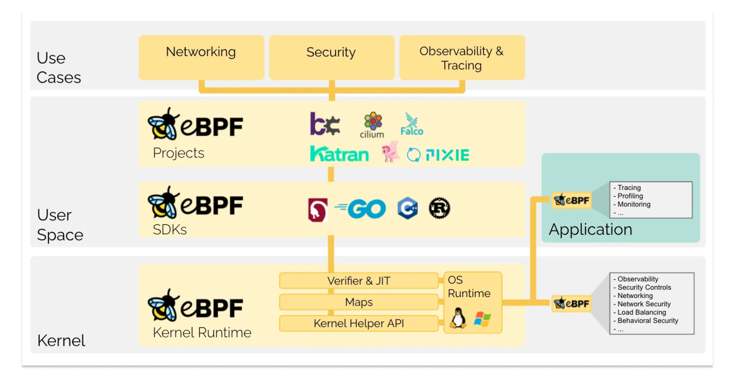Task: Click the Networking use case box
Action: point(201,57)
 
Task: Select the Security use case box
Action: point(331,57)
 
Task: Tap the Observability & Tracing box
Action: point(462,58)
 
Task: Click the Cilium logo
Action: point(372,125)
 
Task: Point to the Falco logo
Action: point(412,125)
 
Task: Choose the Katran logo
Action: point(340,154)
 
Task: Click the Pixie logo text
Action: point(447,155)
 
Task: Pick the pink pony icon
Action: point(390,151)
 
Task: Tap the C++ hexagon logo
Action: point(408,208)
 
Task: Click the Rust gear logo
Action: point(439,208)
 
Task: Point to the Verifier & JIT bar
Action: point(359,281)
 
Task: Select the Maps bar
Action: point(359,302)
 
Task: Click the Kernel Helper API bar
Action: point(359,323)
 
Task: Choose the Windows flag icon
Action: point(482,319)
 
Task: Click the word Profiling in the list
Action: point(630,196)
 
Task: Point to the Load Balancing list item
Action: point(642,312)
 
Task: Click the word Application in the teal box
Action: point(590,229)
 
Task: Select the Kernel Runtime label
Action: point(202,332)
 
